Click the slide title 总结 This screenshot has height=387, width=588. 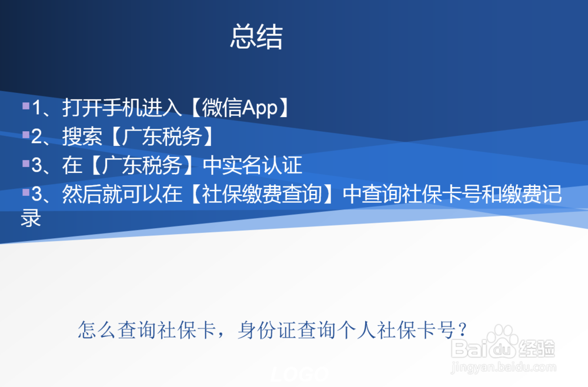(256, 36)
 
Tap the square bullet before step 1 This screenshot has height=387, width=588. (26, 106)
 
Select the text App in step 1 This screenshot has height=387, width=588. (259, 108)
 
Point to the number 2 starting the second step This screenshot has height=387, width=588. (36, 136)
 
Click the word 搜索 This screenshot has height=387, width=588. (82, 136)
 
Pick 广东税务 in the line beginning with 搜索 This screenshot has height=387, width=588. (162, 136)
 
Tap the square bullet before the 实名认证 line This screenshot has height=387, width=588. (26, 163)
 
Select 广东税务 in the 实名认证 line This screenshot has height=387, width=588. (142, 165)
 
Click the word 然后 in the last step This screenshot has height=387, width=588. (82, 194)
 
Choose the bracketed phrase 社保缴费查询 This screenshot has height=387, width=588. (262, 194)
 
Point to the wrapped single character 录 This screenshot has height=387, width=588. (31, 218)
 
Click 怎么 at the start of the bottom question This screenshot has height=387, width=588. (97, 331)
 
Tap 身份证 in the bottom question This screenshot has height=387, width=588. (267, 331)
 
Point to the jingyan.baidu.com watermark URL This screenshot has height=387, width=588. (503, 367)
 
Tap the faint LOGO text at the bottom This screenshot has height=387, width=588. (299, 374)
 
